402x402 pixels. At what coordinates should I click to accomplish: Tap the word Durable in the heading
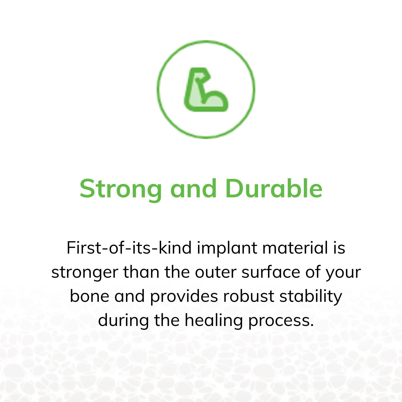tap(274, 188)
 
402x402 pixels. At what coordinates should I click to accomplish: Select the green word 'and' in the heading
tap(194, 188)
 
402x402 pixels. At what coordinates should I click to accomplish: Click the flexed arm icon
tap(206, 89)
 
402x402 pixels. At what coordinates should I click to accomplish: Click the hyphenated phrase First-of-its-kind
tap(129, 248)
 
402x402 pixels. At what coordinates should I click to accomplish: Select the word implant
tap(227, 249)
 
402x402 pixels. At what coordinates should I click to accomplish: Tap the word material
tap(295, 248)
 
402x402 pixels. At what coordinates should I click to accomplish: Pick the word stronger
tap(85, 273)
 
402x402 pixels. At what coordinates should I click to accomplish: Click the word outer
tap(215, 272)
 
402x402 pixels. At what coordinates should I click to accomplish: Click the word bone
tap(89, 296)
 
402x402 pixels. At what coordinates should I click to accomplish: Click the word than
tap(141, 272)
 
